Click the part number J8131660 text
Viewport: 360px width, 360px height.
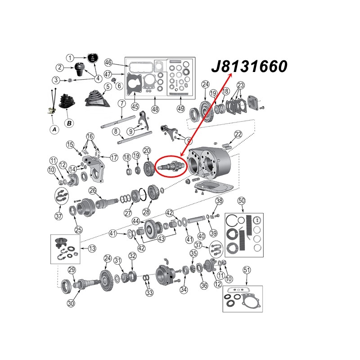tap(249, 67)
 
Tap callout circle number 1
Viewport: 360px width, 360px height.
tap(70, 58)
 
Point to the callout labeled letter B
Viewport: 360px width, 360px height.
tap(69, 122)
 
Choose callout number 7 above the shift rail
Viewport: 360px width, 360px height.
tap(121, 103)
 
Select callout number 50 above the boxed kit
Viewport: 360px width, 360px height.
tap(241, 200)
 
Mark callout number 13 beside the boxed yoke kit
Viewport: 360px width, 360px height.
tap(92, 248)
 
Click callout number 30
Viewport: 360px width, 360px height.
tap(71, 303)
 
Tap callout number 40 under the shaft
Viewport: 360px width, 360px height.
tap(201, 235)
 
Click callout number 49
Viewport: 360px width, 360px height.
tap(181, 108)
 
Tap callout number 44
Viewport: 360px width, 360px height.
tap(135, 220)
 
